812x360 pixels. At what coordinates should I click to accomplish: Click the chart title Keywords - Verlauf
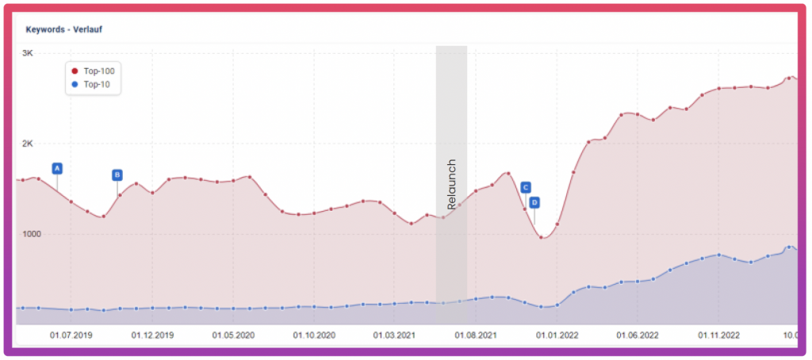pos(64,29)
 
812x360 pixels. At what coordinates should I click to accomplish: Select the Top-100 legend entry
pos(98,71)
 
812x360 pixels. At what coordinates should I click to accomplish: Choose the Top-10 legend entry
pos(96,83)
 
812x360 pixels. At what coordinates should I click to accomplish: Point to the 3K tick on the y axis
pos(27,53)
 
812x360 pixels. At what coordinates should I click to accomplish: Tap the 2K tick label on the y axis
pos(27,144)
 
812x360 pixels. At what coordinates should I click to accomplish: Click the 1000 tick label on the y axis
pos(33,234)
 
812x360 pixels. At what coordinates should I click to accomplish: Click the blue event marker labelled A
pos(57,168)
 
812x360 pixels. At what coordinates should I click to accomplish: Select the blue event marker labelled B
pos(117,174)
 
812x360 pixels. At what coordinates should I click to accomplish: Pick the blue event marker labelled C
pos(525,187)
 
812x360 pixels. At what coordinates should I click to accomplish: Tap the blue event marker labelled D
pos(534,202)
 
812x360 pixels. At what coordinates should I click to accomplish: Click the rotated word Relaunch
pos(452,185)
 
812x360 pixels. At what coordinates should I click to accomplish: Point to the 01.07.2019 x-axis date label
pos(71,335)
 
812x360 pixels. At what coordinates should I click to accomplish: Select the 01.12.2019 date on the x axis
pos(152,335)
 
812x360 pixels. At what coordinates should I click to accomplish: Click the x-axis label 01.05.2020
pos(233,335)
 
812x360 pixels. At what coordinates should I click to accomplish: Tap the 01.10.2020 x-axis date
pos(314,335)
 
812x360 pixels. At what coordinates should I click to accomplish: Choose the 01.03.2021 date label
pos(395,335)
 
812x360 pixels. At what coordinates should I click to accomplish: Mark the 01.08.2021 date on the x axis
pos(476,335)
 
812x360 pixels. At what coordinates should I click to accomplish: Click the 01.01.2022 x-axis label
pos(557,335)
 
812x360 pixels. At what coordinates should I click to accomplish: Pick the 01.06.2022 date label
pos(638,335)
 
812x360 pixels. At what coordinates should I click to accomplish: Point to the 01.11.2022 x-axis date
pos(718,335)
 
